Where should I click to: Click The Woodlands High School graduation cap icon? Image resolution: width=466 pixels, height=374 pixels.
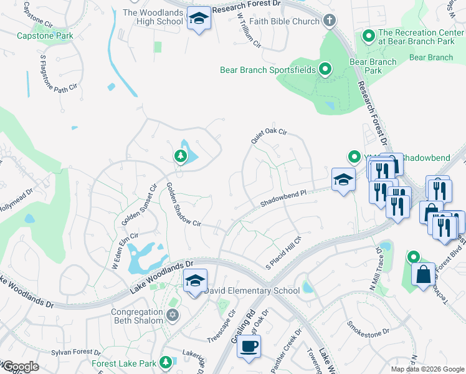point(199,19)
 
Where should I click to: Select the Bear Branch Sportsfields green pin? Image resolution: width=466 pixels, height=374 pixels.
point(325,69)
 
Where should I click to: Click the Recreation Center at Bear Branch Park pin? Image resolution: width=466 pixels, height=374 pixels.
point(368,36)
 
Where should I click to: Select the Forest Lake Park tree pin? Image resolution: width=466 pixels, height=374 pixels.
point(165,362)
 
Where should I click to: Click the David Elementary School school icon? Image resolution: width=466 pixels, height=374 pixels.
point(195,281)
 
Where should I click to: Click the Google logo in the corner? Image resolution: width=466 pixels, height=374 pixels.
point(20,367)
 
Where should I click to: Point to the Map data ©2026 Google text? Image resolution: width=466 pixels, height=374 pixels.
point(427,369)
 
